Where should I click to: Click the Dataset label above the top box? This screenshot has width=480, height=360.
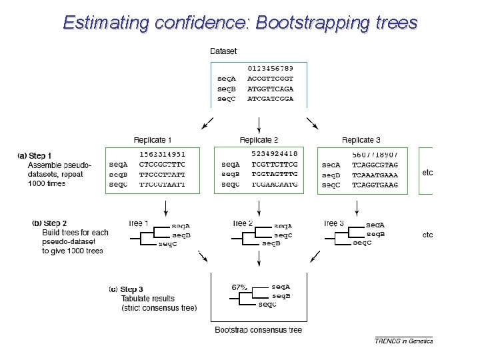point(223,51)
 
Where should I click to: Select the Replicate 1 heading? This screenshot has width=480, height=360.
point(153,140)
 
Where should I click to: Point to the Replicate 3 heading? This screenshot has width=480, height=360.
point(361,140)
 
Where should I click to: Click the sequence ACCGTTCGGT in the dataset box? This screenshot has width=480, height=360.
point(270,78)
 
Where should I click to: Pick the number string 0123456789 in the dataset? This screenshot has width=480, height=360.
point(270,68)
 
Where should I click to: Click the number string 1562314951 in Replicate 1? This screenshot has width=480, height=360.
point(162,154)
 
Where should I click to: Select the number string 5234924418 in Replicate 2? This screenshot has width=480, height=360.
point(275,154)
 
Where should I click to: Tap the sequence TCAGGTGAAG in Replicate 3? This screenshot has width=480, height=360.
point(375,185)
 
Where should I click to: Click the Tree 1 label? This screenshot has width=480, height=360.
point(138,223)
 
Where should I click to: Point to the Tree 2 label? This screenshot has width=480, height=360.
point(242,223)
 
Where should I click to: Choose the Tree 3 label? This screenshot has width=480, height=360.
point(333,223)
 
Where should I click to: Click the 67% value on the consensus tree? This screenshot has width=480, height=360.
point(239,287)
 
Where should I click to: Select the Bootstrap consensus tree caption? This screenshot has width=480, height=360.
point(258,330)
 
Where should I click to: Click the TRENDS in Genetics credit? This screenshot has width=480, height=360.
point(403,341)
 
